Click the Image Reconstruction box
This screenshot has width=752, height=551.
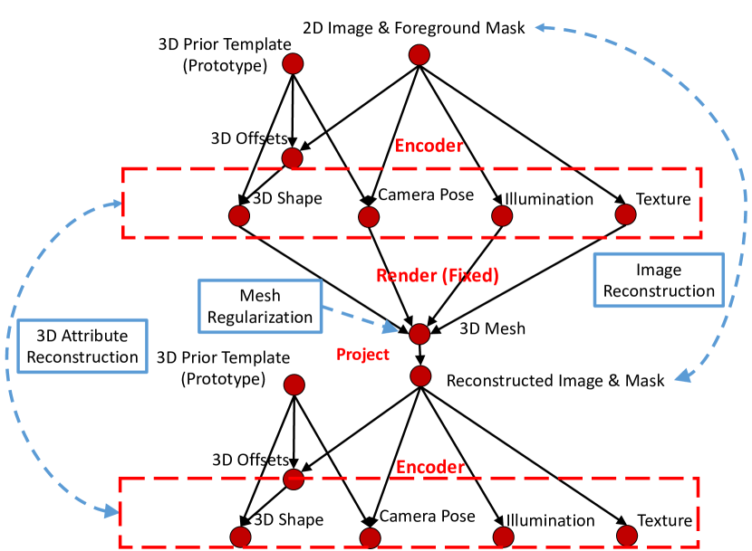[659, 280]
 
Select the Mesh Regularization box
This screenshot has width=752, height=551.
[259, 306]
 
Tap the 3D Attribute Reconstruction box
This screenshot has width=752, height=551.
[82, 344]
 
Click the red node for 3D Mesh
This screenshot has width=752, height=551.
[419, 334]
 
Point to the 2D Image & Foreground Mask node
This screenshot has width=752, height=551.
[418, 55]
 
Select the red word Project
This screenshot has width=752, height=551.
[362, 354]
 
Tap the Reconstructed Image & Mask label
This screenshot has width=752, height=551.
[555, 380]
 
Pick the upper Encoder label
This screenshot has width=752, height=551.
[429, 145]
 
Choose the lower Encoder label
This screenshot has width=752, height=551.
[430, 467]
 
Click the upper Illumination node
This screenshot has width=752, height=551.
[501, 216]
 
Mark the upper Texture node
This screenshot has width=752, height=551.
[625, 215]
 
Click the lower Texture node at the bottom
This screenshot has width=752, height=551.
[626, 537]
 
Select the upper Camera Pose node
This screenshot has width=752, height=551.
[368, 217]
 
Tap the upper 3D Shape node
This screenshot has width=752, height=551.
[238, 216]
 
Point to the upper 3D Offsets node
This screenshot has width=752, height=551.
[292, 158]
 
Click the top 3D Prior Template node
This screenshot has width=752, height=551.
[292, 64]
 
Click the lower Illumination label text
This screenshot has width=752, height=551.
[549, 520]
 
